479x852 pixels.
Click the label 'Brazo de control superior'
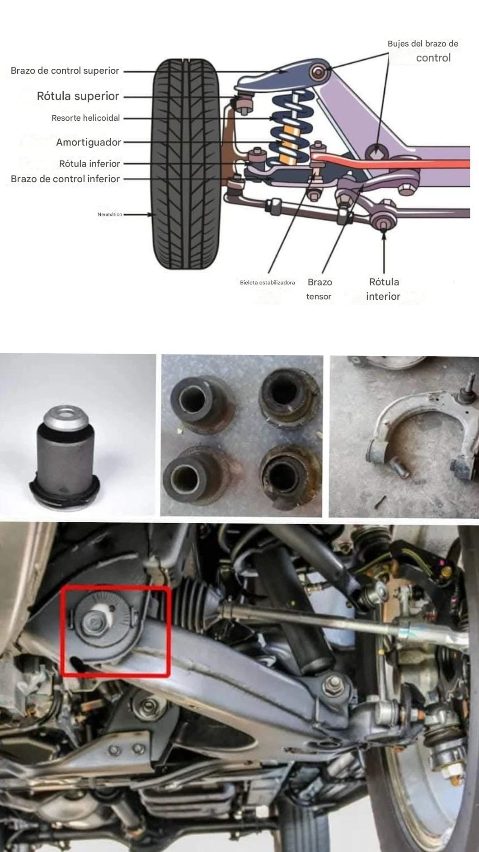click(x=65, y=71)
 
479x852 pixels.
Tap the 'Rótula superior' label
click(x=78, y=96)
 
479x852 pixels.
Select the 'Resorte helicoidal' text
click(x=86, y=118)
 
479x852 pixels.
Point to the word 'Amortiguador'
click(x=89, y=142)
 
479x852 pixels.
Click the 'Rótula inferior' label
click(x=89, y=164)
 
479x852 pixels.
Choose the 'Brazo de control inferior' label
click(x=65, y=179)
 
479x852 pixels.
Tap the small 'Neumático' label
click(x=110, y=214)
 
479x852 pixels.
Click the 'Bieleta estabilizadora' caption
click(x=268, y=283)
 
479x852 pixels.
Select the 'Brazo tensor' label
click(x=319, y=289)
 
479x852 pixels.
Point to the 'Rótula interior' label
click(x=384, y=289)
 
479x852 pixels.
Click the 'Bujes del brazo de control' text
click(x=423, y=51)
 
